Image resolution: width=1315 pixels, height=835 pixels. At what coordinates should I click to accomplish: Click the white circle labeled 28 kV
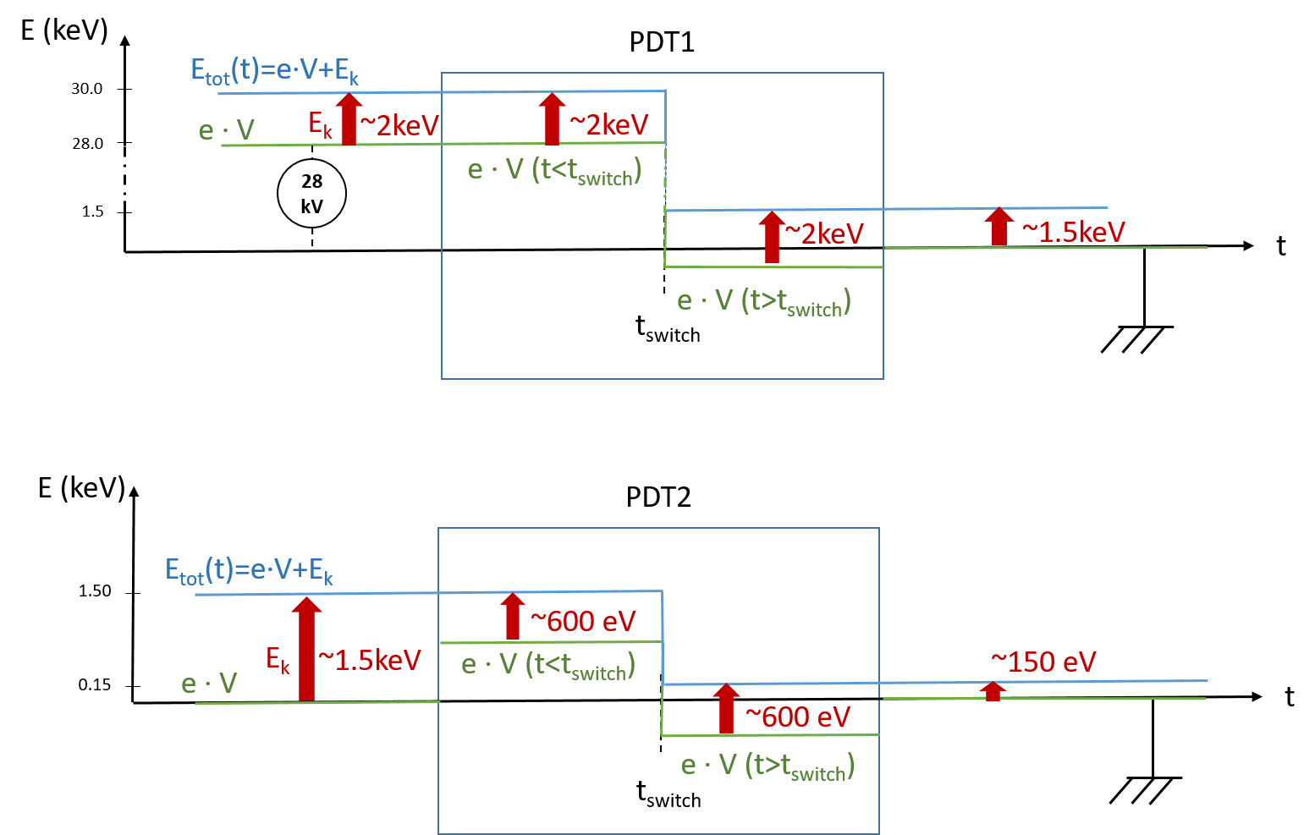tap(311, 194)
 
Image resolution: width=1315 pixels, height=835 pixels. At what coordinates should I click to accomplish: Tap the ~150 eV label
tap(1043, 662)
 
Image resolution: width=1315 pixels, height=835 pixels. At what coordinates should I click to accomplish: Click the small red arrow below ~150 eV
tap(993, 691)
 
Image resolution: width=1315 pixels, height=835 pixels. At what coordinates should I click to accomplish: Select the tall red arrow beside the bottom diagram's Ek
tap(306, 649)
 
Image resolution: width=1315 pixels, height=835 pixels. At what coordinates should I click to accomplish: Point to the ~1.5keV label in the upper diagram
tap(1073, 232)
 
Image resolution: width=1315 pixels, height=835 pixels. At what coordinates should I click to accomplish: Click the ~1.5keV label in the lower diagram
tap(370, 660)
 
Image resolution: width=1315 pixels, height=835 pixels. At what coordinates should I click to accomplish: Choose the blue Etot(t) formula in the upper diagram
tap(274, 71)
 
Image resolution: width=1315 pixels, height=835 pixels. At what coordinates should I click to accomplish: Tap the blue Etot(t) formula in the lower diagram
tap(249, 571)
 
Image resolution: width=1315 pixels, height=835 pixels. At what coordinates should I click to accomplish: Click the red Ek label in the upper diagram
tap(320, 125)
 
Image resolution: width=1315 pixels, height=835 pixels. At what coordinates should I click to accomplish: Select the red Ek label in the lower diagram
tap(278, 659)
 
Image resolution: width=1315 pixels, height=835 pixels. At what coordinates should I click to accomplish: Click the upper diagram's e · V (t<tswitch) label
tap(554, 171)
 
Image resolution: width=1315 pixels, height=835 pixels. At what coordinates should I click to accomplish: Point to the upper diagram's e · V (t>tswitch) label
tap(763, 302)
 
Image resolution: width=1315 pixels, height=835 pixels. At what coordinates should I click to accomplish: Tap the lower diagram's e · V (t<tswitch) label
tap(547, 666)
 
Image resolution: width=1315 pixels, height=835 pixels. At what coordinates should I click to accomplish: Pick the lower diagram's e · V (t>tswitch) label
tap(768, 766)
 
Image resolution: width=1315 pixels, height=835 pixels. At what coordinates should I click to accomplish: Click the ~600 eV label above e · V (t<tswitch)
tap(582, 621)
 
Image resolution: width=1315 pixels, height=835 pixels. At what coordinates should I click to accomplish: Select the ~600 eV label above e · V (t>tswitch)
tap(797, 717)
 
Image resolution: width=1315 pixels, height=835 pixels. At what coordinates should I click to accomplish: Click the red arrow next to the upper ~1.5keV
tap(999, 227)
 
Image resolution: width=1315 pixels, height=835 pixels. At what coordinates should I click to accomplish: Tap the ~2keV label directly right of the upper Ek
tap(399, 126)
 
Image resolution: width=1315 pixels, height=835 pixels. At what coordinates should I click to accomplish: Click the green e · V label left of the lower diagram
tap(209, 684)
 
